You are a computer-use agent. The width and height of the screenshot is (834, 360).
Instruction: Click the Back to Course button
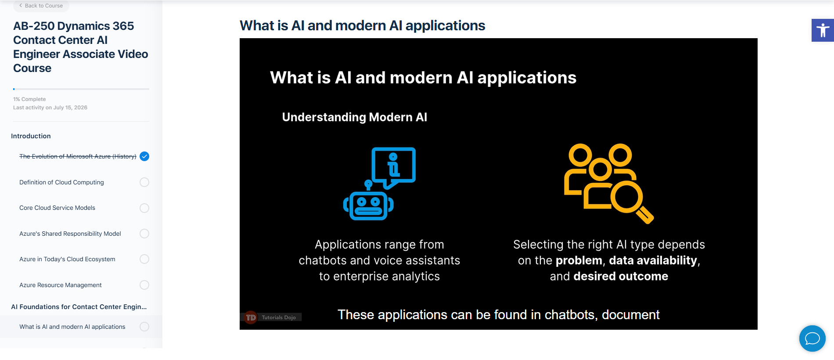[41, 6]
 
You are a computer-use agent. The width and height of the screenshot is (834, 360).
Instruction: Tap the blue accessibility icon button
[823, 30]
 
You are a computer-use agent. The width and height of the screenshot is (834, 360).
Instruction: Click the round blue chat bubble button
[812, 338]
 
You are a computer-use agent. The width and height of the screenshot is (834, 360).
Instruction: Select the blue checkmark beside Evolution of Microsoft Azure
[144, 156]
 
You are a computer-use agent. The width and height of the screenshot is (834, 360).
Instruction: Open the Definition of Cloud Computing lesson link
[61, 182]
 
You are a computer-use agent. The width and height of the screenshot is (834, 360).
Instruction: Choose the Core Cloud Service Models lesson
[57, 208]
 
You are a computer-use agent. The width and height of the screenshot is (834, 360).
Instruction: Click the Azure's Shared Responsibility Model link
[70, 234]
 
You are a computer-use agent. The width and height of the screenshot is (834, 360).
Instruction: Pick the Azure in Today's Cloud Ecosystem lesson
[67, 259]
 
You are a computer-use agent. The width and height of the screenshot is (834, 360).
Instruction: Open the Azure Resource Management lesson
[61, 285]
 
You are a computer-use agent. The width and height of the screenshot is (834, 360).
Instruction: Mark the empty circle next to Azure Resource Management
[144, 285]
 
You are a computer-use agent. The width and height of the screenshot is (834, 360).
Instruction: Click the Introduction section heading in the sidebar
[31, 136]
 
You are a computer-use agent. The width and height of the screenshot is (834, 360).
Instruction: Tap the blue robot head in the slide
[368, 205]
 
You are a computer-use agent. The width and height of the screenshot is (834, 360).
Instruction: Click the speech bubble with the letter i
[393, 167]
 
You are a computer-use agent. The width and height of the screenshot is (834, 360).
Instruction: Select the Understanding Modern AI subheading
[355, 117]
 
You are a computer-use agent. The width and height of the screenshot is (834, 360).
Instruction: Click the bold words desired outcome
[621, 276]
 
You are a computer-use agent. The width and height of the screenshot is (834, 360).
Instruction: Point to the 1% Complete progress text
[29, 99]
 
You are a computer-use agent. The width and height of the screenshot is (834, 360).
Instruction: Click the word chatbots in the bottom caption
[571, 315]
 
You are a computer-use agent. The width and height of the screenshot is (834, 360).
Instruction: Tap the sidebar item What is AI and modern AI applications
[72, 327]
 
